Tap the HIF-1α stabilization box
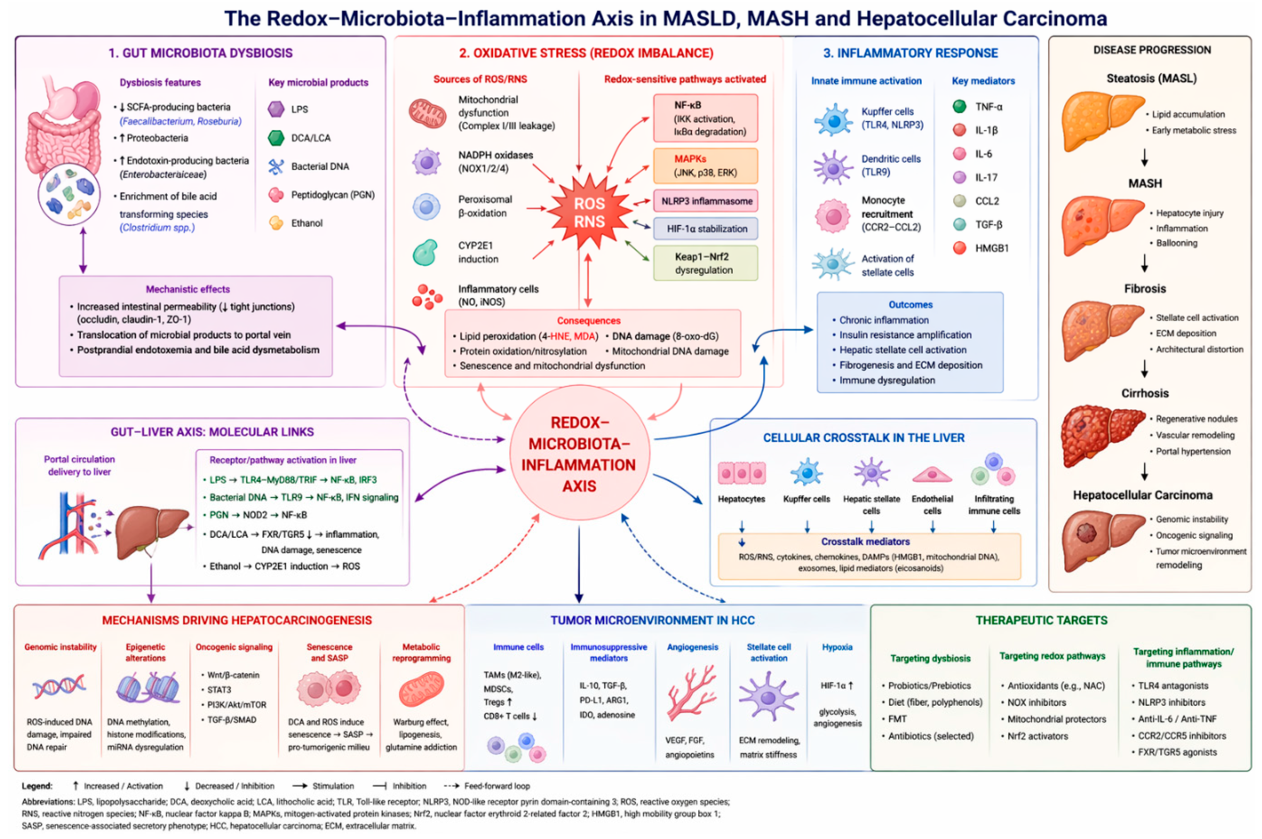706,228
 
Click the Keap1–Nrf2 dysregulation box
706,263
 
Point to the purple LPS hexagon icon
276,109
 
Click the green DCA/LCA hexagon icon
276,138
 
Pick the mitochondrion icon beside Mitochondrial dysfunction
427,112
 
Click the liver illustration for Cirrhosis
1102,435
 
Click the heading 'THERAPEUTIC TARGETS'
1041,620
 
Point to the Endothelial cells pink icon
932,475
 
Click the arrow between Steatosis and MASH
1144,157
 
